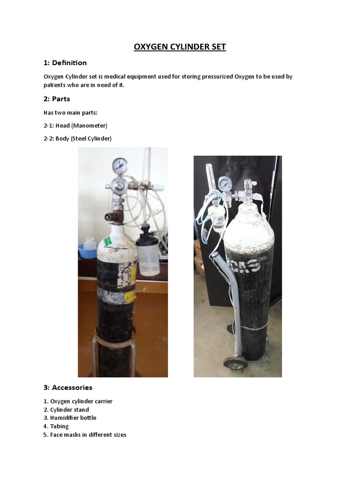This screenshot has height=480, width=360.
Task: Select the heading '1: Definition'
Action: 65,63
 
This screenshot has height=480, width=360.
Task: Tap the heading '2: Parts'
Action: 57,99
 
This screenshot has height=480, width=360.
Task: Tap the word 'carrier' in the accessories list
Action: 103,401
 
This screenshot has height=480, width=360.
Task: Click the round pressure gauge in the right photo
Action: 225,184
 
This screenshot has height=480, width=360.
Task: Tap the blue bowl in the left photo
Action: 88,251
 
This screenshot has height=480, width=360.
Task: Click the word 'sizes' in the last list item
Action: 119,435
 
